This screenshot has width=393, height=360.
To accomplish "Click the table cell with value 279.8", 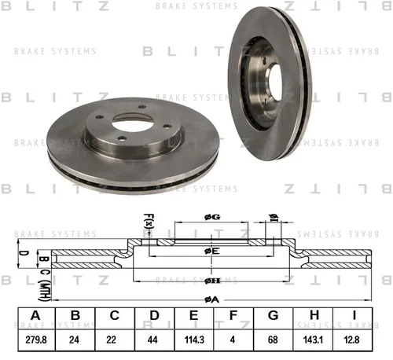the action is pyautogui.click(x=36, y=340).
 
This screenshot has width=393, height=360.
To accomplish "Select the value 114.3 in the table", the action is pyautogui.click(x=194, y=340).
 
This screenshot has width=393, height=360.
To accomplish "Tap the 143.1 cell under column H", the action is pyautogui.click(x=313, y=340).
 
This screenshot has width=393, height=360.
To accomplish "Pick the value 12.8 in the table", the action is pyautogui.click(x=351, y=340).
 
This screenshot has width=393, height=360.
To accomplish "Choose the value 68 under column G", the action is pyautogui.click(x=273, y=340).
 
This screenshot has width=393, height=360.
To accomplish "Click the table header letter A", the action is pyautogui.click(x=35, y=315).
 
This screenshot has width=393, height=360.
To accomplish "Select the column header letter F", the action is pyautogui.click(x=233, y=315).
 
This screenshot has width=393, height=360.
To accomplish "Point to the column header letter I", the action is pyautogui.click(x=354, y=315).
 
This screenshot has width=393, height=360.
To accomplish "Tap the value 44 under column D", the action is pyautogui.click(x=152, y=340).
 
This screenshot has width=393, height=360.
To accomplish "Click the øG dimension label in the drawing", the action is pyautogui.click(x=212, y=217).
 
